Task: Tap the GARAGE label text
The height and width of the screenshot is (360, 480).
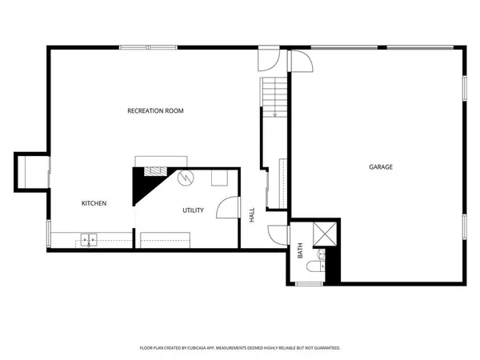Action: pyautogui.click(x=381, y=167)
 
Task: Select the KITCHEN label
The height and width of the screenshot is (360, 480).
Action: pyautogui.click(x=94, y=203)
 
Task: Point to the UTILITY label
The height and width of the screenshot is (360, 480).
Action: pyautogui.click(x=193, y=210)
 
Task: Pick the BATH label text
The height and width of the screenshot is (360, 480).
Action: pyautogui.click(x=301, y=251)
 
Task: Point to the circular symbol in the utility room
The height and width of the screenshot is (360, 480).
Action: pyautogui.click(x=186, y=178)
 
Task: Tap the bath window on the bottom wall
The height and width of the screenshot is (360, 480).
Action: pyautogui.click(x=308, y=282)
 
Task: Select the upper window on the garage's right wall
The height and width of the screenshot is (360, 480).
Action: pyautogui.click(x=466, y=88)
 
